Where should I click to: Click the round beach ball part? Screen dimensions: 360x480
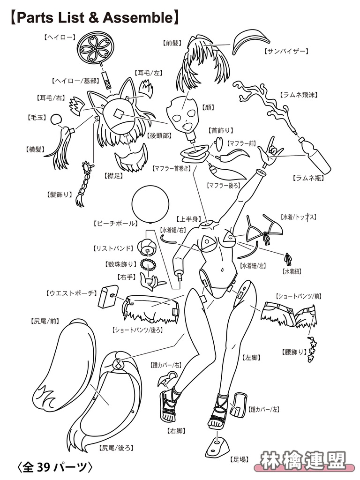[x=150, y=204]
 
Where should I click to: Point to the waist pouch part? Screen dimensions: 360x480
[x=108, y=296]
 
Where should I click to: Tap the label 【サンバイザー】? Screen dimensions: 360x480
[x=286, y=51]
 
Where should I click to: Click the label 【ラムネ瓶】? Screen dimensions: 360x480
[x=308, y=178]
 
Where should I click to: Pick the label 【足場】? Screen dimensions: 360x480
[x=239, y=459]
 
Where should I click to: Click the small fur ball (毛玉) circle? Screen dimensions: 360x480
[x=56, y=120]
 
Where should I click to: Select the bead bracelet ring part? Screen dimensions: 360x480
[x=148, y=264]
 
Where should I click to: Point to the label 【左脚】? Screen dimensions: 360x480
[x=251, y=357]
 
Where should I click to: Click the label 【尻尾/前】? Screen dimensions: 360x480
[x=45, y=321]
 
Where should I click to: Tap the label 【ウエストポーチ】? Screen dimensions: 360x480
[x=72, y=293]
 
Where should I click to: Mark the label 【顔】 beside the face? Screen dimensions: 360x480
[x=208, y=107]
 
